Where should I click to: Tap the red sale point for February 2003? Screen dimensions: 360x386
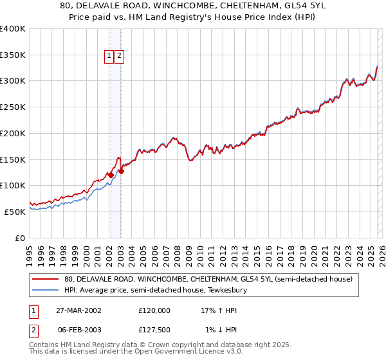click(121, 171)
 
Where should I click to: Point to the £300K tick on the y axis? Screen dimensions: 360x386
click(13, 81)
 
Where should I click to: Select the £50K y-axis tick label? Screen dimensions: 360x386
click(15, 212)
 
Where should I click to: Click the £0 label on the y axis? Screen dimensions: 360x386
click(20, 238)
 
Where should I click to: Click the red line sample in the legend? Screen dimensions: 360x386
click(45, 280)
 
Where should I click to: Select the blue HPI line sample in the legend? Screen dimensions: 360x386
click(45, 290)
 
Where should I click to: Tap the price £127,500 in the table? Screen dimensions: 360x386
click(154, 330)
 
